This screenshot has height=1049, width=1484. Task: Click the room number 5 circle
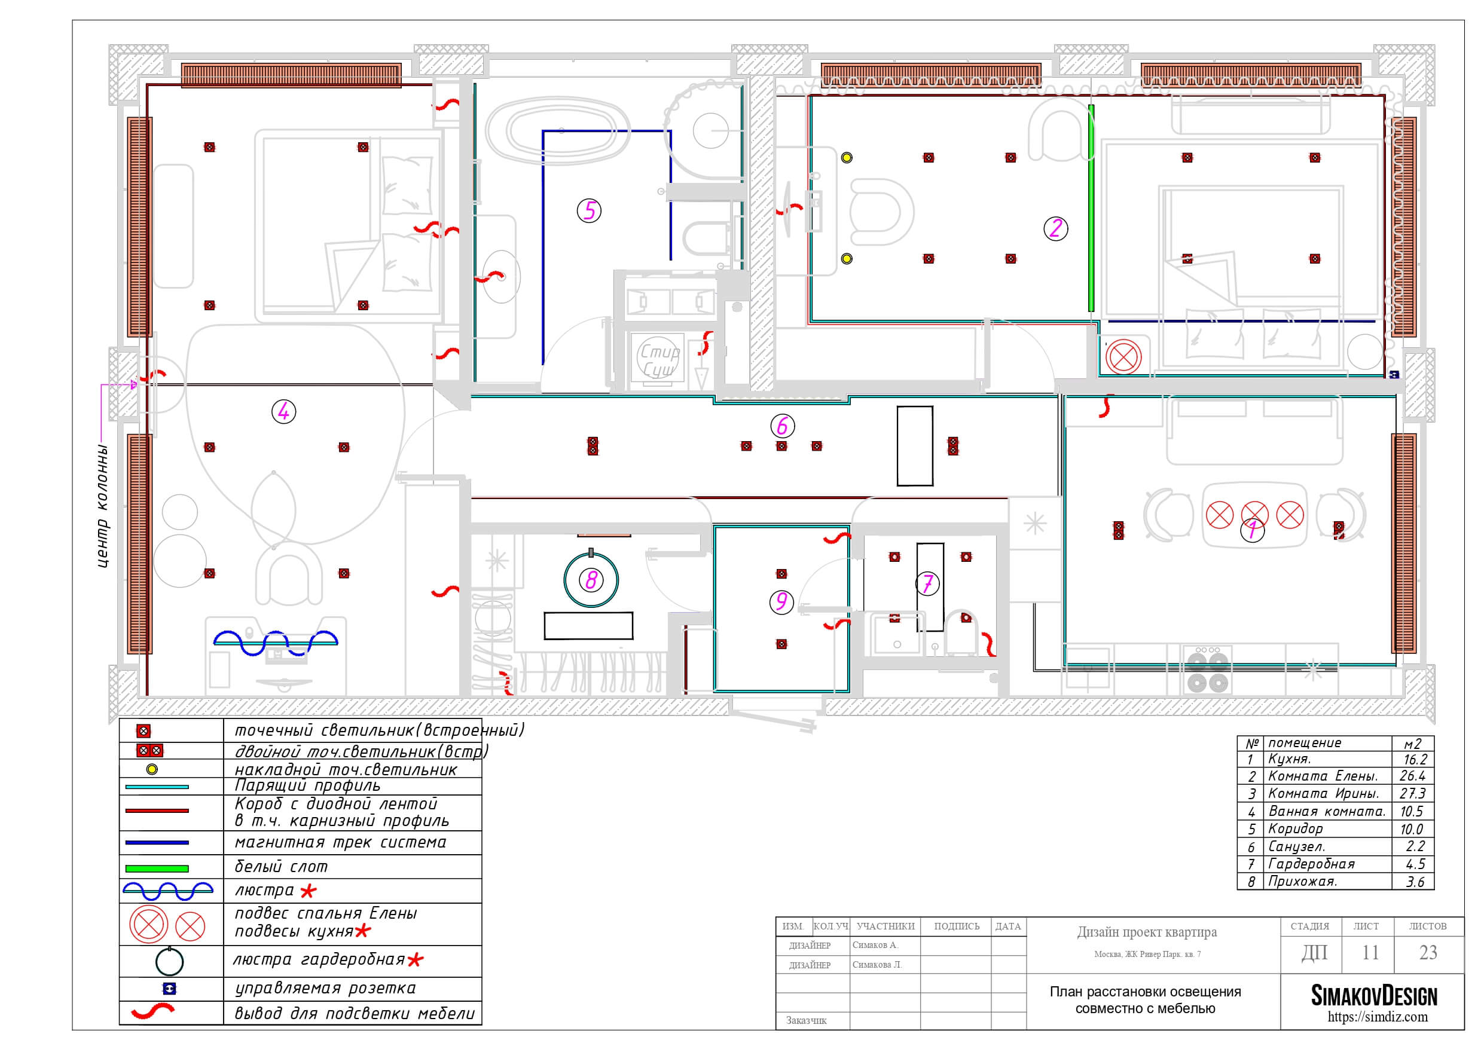(x=589, y=211)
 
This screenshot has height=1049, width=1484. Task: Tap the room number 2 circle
(x=1055, y=228)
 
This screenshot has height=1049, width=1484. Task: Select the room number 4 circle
(x=284, y=411)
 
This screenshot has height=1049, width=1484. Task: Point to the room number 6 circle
(x=782, y=426)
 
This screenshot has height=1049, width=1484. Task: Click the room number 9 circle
(x=781, y=602)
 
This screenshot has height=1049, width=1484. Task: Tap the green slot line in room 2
(x=1091, y=208)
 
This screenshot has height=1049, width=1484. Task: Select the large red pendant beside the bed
(x=1123, y=357)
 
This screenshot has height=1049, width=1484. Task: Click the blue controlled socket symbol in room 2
(x=1394, y=374)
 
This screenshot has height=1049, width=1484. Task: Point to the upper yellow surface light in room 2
(x=847, y=157)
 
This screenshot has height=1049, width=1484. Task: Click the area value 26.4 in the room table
(x=1412, y=776)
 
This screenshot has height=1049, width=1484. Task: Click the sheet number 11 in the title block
(x=1370, y=953)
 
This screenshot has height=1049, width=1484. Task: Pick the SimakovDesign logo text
(x=1373, y=996)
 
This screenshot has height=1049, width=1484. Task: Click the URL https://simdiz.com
(x=1378, y=1017)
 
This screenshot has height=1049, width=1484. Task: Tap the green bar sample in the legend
(x=157, y=868)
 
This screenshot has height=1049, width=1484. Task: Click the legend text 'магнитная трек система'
(x=341, y=843)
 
